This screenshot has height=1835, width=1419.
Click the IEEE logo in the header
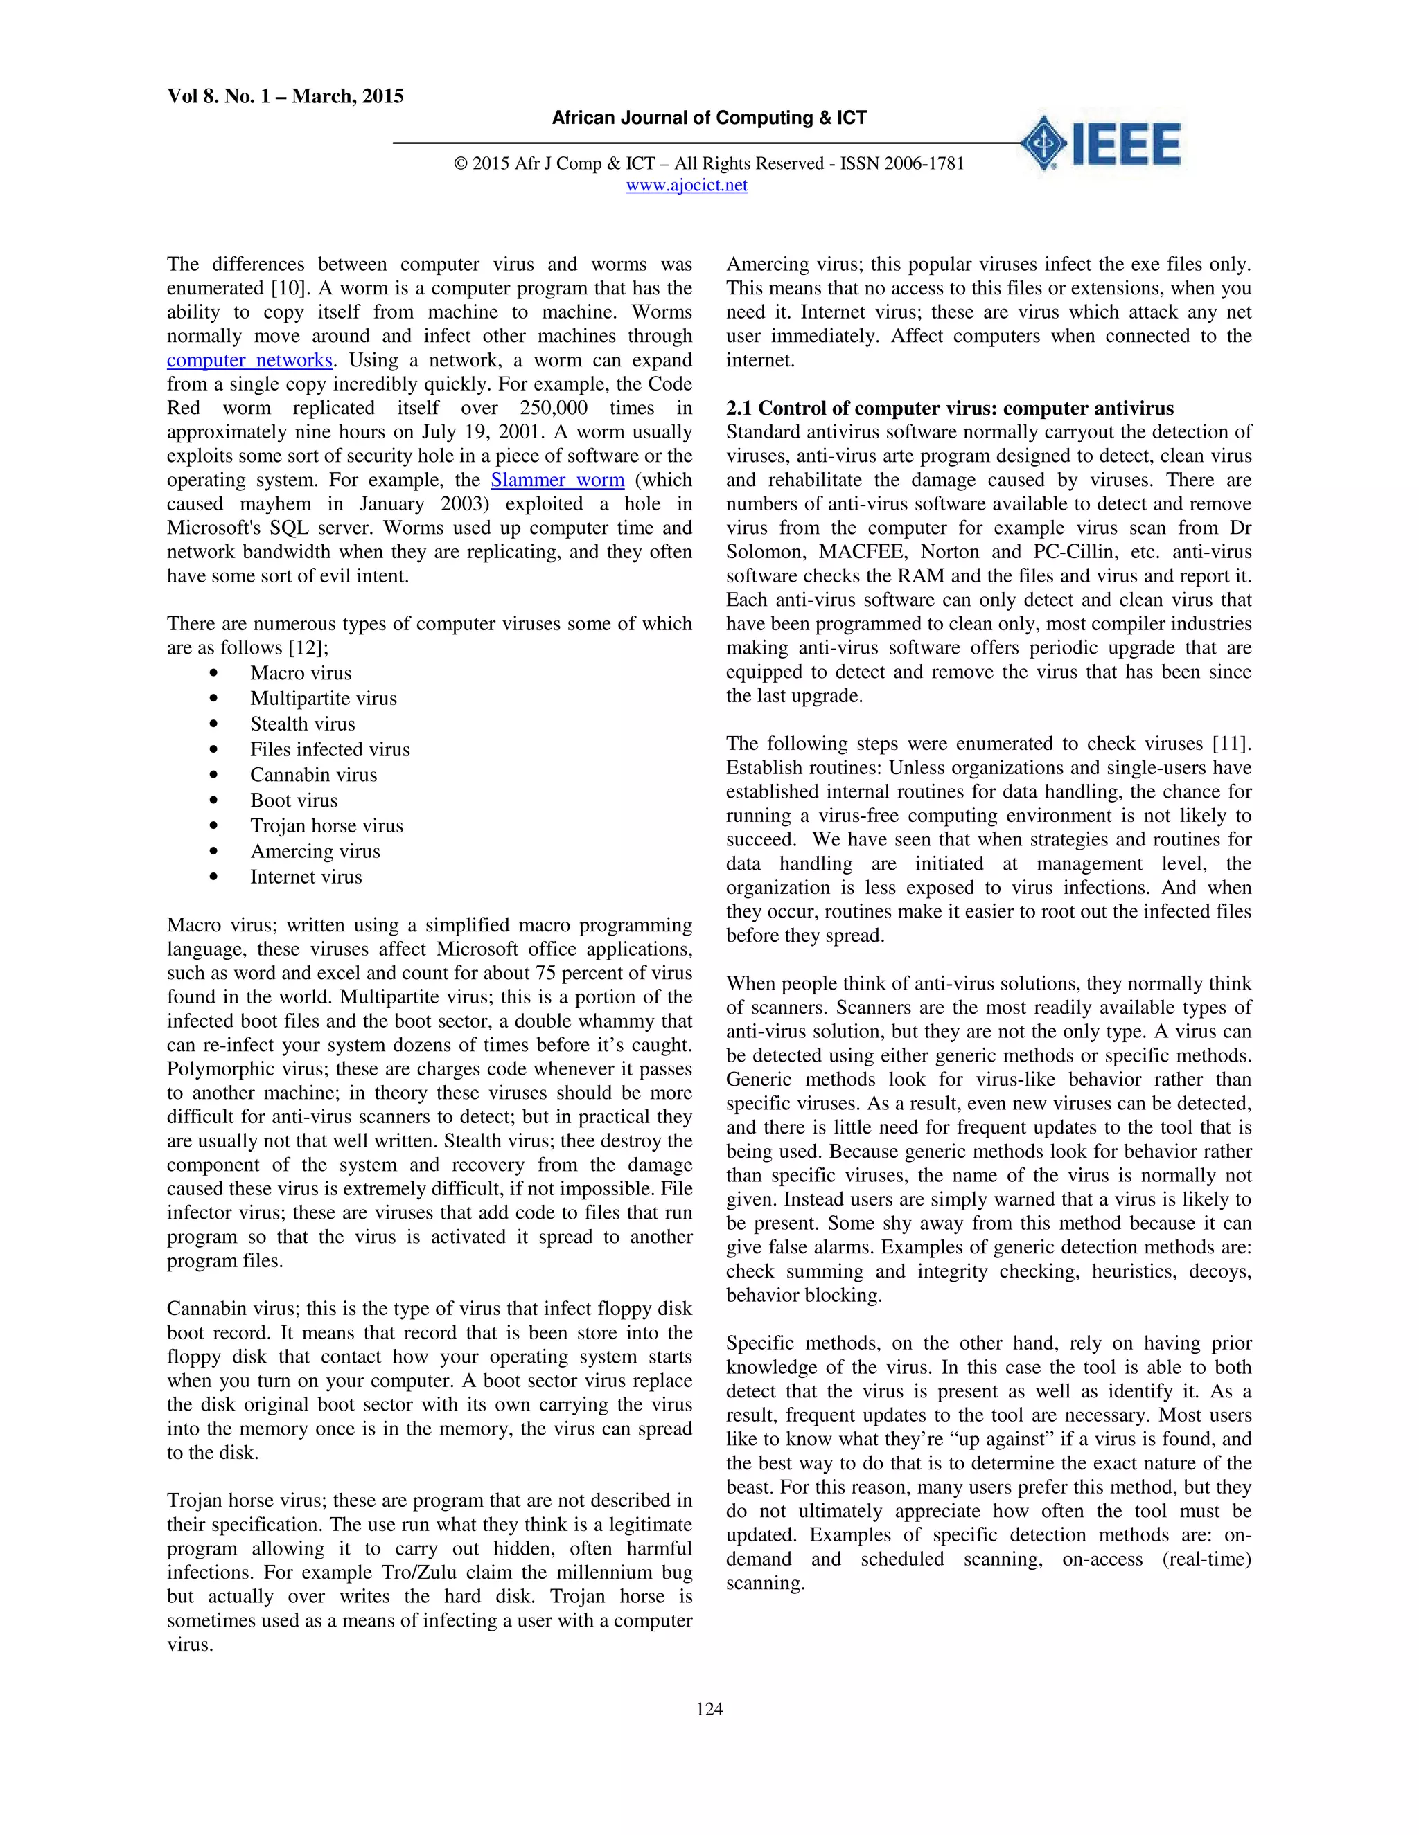point(1101,143)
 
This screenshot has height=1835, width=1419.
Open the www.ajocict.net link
point(686,186)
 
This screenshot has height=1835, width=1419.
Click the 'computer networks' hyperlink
point(249,361)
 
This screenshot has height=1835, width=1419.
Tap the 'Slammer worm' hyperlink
point(557,481)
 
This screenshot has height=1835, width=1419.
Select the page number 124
point(709,1710)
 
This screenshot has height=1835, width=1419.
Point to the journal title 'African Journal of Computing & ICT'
point(709,118)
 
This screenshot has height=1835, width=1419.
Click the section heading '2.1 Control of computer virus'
point(949,409)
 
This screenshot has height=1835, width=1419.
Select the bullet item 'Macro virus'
point(300,673)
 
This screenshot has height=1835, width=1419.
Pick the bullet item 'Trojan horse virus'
point(326,826)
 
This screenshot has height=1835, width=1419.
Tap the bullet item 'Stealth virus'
point(302,724)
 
